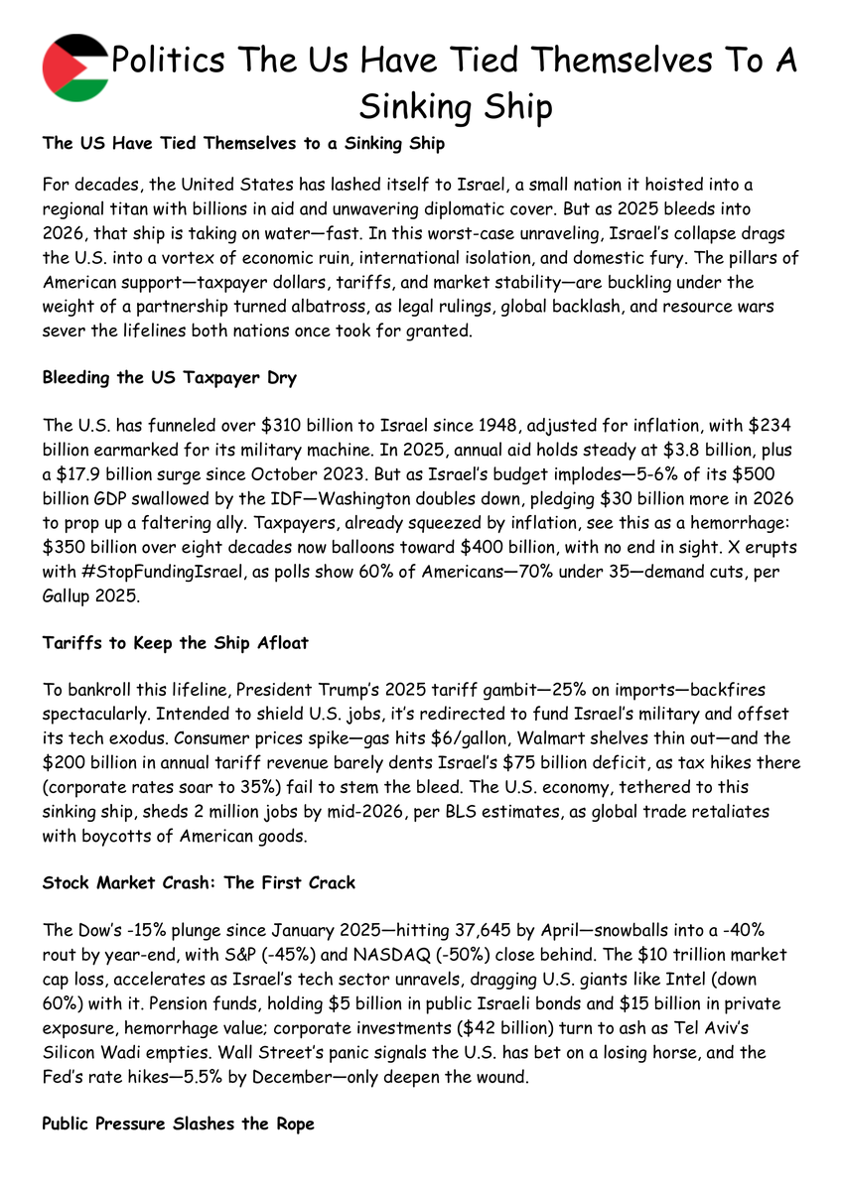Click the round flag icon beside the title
point(76,66)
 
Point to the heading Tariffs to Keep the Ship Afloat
point(176,643)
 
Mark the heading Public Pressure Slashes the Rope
point(179,1124)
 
